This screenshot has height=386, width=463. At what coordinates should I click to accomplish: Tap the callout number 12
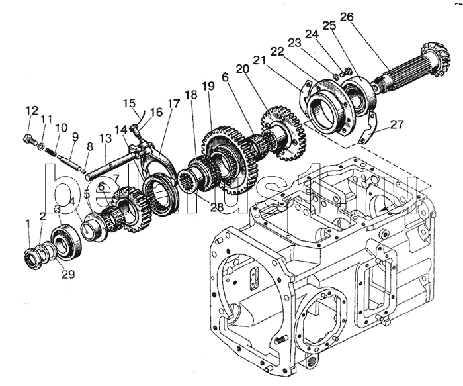tap(29, 110)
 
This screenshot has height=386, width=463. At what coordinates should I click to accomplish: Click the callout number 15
tap(129, 103)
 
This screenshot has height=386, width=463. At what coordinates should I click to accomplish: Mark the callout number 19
tap(209, 85)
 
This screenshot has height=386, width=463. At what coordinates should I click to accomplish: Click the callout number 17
tap(173, 103)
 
